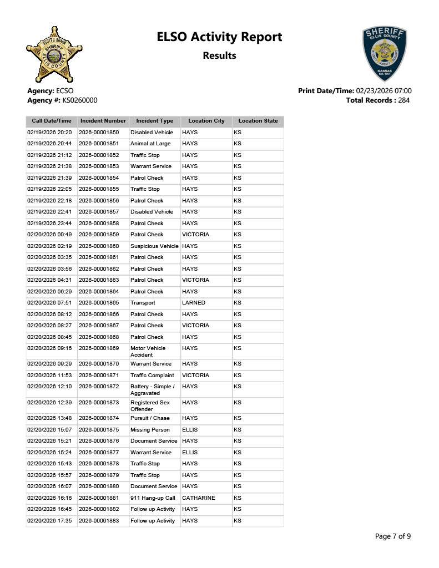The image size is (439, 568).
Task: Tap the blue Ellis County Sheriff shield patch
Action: [385, 53]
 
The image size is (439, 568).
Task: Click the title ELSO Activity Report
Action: [219, 37]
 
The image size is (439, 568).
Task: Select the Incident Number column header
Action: [103, 121]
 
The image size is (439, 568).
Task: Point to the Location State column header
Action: [258, 121]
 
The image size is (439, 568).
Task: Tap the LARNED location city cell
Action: [194, 303]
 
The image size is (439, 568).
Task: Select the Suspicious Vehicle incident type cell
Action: [154, 246]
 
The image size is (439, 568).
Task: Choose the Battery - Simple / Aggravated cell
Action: [152, 390]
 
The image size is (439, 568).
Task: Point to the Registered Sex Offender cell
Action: [150, 406]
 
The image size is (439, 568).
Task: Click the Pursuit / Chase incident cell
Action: [150, 418]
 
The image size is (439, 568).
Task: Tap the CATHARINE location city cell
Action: [198, 498]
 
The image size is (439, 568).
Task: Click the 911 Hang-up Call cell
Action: [153, 498]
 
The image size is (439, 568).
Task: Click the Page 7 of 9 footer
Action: [393, 536]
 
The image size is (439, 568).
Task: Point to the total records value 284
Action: [402, 100]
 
